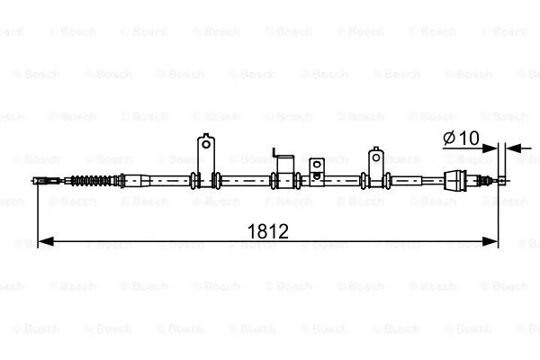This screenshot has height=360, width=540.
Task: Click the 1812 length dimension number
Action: point(267,231)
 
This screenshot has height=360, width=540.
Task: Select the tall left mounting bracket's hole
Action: point(206,144)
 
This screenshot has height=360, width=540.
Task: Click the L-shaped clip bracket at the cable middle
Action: point(283,166)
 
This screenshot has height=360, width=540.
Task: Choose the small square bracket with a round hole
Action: point(316,166)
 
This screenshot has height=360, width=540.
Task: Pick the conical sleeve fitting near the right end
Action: point(459,180)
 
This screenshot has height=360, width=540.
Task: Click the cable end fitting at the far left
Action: point(41,180)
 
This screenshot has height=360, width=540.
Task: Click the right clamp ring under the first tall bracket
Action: point(216,179)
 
